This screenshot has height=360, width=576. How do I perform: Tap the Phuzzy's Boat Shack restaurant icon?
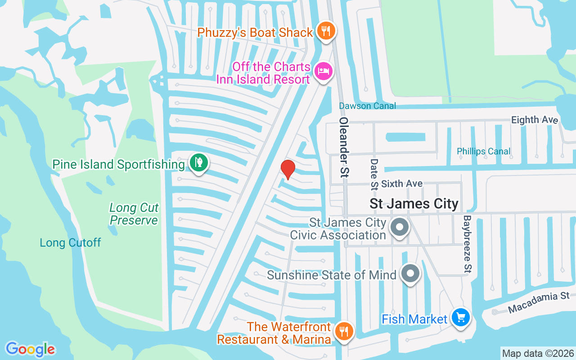324,31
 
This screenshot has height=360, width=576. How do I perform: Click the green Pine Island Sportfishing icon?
198,162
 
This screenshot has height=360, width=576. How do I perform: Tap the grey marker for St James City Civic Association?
399,227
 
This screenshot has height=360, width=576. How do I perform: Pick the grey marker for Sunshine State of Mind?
410,273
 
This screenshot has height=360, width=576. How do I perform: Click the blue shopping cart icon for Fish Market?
460,318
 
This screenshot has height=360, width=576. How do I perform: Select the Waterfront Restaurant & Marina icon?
344,332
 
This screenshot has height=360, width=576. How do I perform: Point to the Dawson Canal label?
367,106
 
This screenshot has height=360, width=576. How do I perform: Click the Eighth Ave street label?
535,120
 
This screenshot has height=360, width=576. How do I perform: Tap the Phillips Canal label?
484,151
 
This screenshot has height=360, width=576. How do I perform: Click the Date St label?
374,173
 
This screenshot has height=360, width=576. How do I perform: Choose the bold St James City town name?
414,203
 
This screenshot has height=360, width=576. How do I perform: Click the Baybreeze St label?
467,243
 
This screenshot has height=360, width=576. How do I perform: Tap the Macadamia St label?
539,302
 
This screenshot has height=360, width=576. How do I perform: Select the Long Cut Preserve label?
134,214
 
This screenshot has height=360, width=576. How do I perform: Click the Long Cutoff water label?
70,243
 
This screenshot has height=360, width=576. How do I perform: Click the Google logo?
30,349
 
